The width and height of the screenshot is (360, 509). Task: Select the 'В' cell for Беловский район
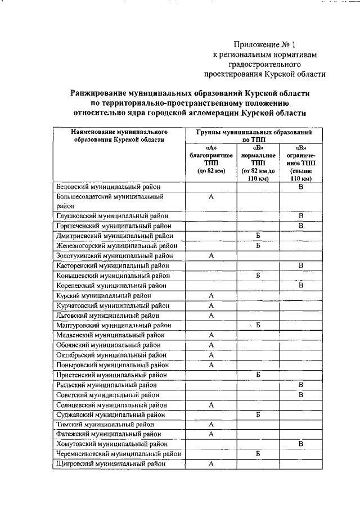301,187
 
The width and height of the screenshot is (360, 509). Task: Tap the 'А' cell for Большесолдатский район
211,197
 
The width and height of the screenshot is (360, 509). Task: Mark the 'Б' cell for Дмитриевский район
258,236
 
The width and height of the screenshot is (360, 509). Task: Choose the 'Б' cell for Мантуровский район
258,325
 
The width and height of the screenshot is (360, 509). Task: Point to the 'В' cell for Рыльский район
301,385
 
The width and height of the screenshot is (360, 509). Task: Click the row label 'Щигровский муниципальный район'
111,464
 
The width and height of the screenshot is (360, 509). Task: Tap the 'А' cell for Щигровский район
211,464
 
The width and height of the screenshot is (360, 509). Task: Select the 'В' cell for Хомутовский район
301,444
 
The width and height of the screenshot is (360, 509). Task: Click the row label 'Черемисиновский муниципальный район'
119,454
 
